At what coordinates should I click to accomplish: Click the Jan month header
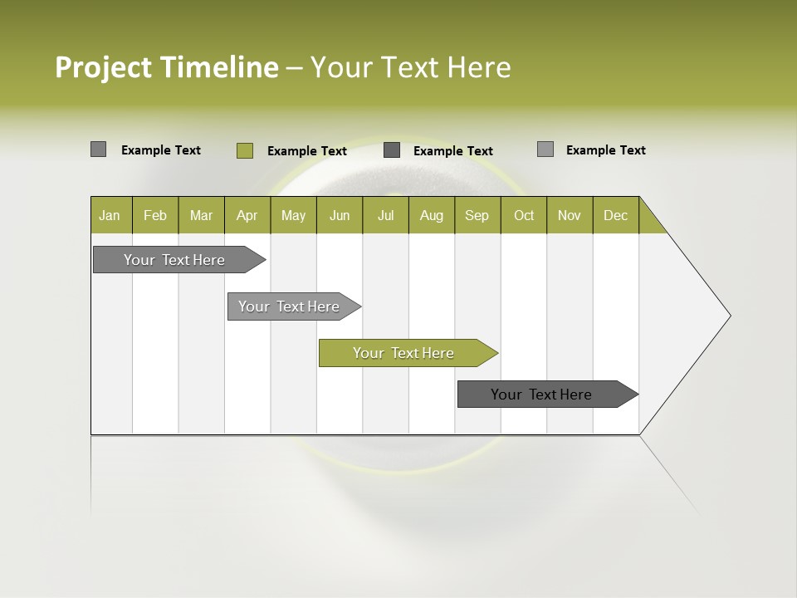[x=110, y=215]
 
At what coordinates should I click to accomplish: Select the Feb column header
[x=155, y=215]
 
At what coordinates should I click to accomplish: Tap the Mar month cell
[x=201, y=215]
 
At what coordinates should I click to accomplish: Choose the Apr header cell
[x=247, y=215]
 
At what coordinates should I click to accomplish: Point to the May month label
[x=293, y=215]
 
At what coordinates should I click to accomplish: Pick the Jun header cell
[x=340, y=215]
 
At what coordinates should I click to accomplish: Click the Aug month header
[x=432, y=215]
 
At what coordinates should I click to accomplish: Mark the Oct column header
[x=524, y=215]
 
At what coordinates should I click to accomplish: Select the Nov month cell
[x=570, y=215]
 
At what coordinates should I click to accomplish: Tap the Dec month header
[x=615, y=215]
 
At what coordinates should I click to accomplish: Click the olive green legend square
[x=244, y=150]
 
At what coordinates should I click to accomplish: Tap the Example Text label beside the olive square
[x=306, y=151]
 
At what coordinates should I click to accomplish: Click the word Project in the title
[x=104, y=67]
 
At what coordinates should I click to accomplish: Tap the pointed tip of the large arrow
[x=727, y=316]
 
